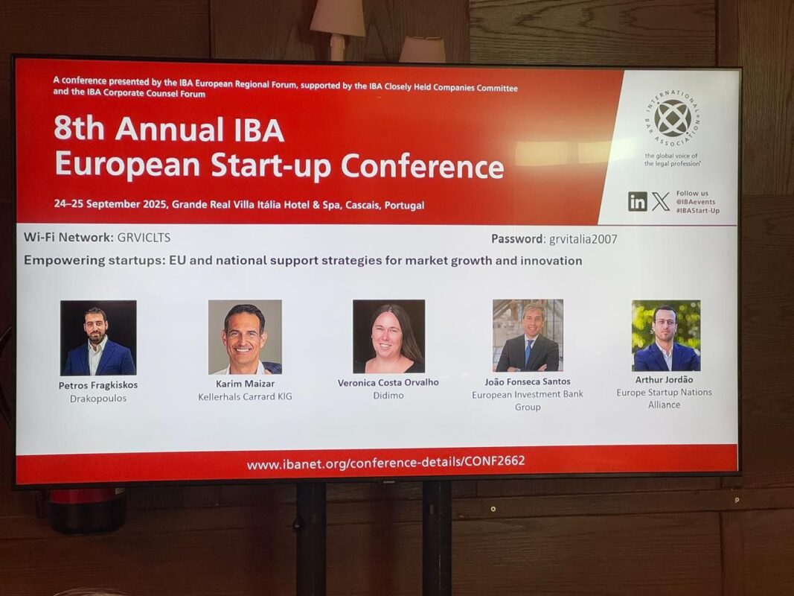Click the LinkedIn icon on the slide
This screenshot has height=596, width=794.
pyautogui.click(x=638, y=201)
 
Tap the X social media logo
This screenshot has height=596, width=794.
pyautogui.click(x=660, y=201)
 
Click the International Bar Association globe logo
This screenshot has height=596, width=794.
pyautogui.click(x=673, y=118)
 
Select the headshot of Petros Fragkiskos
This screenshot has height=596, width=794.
pyautogui.click(x=98, y=338)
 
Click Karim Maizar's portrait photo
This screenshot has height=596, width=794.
pyautogui.click(x=245, y=337)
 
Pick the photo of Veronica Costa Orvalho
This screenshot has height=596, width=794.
pyautogui.click(x=389, y=337)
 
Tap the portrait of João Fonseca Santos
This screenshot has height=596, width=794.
pyautogui.click(x=528, y=335)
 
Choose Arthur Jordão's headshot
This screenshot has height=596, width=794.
pyautogui.click(x=667, y=335)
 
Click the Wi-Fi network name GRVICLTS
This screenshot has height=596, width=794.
pyautogui.click(x=144, y=237)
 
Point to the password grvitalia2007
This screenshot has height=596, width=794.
pyautogui.click(x=583, y=239)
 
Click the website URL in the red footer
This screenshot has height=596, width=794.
pyautogui.click(x=386, y=463)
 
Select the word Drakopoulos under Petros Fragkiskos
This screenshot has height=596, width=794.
pyautogui.click(x=98, y=399)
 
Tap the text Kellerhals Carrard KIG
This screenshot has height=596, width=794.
pyautogui.click(x=245, y=396)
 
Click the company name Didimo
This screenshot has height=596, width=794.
pyautogui.click(x=388, y=396)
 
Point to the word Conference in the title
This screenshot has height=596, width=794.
pyautogui.click(x=423, y=166)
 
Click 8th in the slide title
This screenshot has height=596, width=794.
pyautogui.click(x=79, y=129)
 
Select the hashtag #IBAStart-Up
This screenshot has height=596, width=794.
pyautogui.click(x=698, y=210)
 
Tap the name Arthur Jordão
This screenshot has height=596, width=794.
pyautogui.click(x=665, y=380)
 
